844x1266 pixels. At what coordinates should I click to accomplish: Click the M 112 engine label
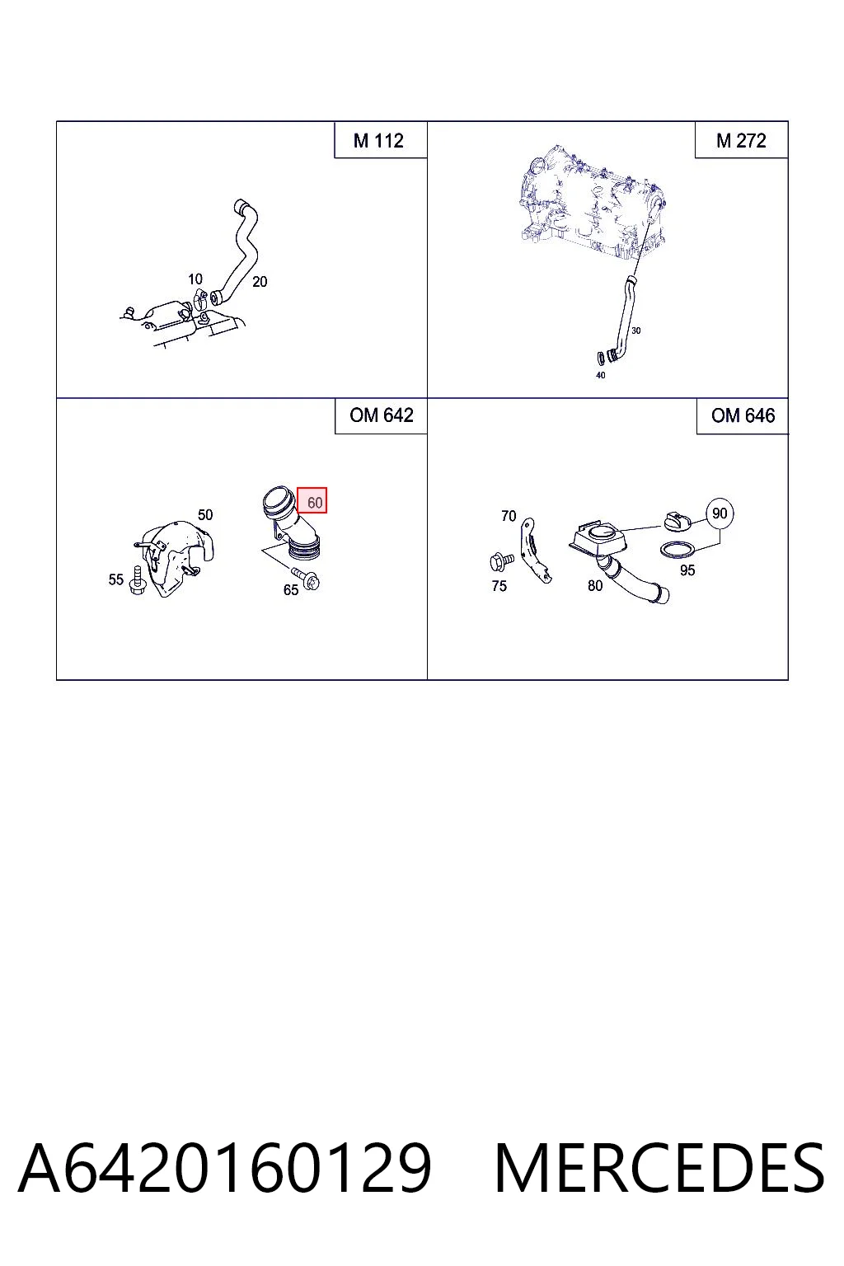378,140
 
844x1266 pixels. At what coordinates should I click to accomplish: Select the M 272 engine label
741,140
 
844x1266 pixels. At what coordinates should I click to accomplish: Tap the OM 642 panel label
382,415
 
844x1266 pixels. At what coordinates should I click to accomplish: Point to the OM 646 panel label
743,415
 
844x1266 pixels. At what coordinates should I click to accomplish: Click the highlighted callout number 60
315,503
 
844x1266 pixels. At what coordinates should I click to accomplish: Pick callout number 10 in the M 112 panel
195,279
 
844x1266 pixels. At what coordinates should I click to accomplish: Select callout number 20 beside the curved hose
260,281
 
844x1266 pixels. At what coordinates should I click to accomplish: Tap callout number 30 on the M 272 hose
636,331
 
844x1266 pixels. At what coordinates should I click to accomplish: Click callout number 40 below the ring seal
600,375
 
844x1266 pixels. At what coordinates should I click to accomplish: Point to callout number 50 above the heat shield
205,515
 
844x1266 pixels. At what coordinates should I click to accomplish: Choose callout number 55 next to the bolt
116,579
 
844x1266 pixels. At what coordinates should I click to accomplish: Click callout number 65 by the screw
291,590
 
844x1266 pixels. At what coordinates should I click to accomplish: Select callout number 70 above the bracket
509,516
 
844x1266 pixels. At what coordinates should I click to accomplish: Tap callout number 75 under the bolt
499,586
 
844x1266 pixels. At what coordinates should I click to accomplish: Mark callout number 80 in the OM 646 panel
595,586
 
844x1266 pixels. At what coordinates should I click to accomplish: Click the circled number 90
720,513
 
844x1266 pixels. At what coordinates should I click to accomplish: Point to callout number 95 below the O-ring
687,570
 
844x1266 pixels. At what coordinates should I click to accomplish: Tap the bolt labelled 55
136,581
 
